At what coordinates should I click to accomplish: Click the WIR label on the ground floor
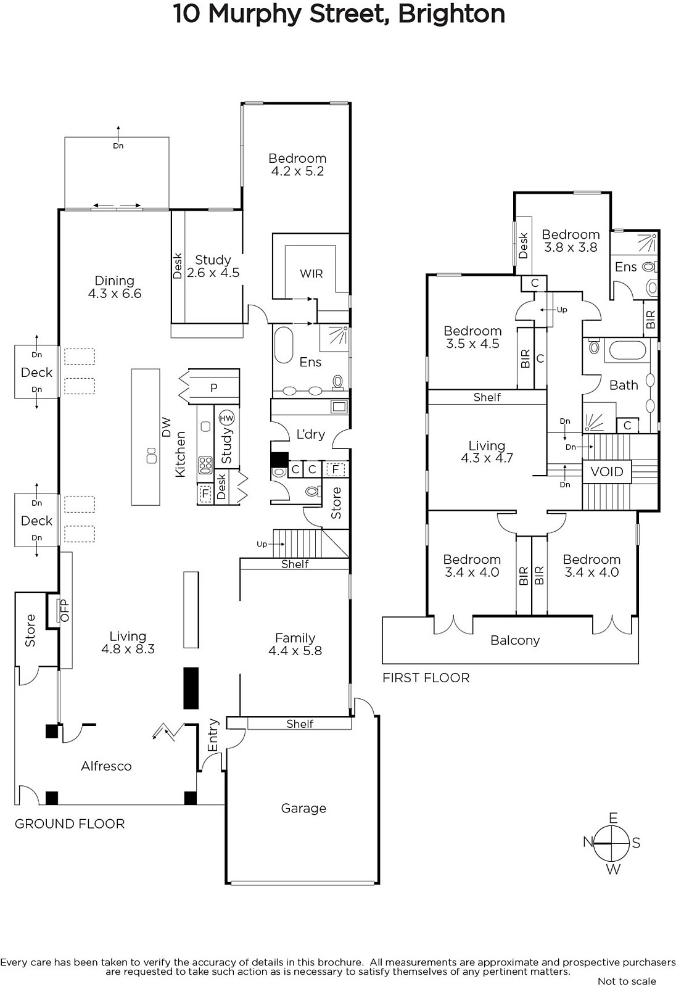[x=311, y=273]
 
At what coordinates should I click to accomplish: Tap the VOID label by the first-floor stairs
[x=607, y=472]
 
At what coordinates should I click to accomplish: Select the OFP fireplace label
[x=64, y=610]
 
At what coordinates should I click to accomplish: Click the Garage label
[x=303, y=808]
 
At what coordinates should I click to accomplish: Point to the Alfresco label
[x=106, y=766]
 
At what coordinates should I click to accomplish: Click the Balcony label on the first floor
[x=515, y=640]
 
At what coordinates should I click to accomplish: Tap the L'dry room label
[x=310, y=434]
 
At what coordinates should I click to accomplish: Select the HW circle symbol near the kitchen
[x=227, y=418]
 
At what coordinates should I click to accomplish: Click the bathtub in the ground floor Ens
[x=284, y=345]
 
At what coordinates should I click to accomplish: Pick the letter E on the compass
[x=612, y=818]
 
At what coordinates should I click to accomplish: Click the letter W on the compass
[x=612, y=870]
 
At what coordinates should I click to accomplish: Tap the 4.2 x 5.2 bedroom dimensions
[x=297, y=171]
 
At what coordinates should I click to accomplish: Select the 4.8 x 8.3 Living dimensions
[x=128, y=649]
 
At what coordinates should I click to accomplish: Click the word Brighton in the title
[x=451, y=14]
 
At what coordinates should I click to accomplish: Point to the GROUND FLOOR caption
[x=70, y=824]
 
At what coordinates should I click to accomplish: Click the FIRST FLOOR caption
[x=426, y=678]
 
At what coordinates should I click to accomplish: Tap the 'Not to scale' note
[x=627, y=981]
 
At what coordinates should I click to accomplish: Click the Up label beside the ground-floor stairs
[x=262, y=544]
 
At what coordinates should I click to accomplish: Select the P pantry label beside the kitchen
[x=213, y=387]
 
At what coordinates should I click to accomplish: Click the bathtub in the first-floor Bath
[x=627, y=351]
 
